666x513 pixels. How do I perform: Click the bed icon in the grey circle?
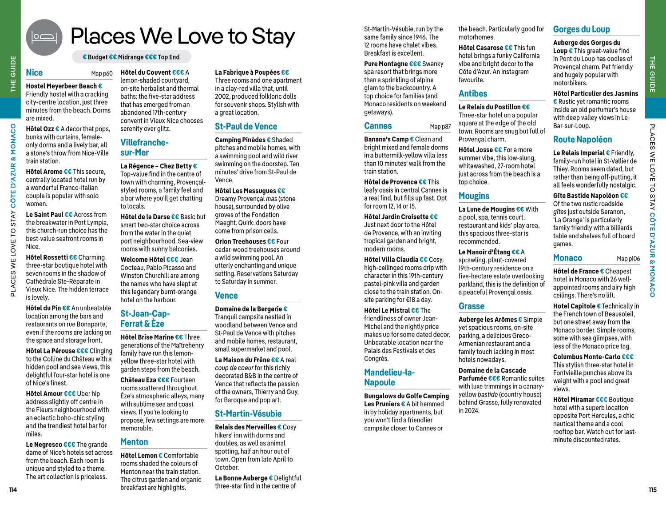[44, 37]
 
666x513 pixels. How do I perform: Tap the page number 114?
[13, 490]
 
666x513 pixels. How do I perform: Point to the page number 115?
[652, 490]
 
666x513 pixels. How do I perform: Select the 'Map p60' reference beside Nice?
[102, 73]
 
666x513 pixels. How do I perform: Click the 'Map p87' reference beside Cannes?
[440, 127]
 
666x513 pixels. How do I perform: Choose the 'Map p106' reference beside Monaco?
[628, 259]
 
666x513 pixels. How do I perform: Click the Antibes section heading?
[473, 94]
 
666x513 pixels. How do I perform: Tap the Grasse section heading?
[472, 306]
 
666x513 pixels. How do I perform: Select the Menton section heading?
[134, 442]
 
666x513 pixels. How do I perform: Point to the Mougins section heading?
[474, 196]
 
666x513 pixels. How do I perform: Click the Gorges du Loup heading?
[581, 29]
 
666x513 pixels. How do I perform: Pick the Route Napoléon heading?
[582, 140]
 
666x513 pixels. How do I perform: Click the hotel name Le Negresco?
[44, 445]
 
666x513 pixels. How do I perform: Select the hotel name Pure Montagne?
[385, 64]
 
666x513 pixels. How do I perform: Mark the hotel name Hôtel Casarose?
[480, 48]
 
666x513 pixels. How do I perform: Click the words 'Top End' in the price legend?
[169, 57]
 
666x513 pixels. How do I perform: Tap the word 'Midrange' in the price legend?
[131, 57]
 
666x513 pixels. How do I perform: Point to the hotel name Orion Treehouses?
[240, 242]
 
